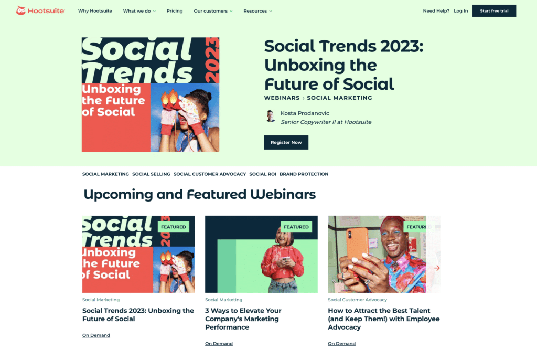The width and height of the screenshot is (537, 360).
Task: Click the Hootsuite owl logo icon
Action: pos(21,10)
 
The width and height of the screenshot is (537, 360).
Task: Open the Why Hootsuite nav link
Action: pos(95,11)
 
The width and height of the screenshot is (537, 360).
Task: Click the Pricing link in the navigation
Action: pos(175,11)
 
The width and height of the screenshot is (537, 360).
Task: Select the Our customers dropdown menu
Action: pos(213,11)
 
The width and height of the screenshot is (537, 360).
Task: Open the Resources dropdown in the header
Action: pos(257,11)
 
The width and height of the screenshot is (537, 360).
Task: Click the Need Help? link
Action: pos(436,11)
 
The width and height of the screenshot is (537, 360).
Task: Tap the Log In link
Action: pos(460,11)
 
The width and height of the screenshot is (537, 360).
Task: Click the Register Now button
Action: pos(286,142)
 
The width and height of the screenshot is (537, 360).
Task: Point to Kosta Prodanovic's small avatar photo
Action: pos(270,116)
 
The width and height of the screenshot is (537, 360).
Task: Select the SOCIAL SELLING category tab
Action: pos(151,174)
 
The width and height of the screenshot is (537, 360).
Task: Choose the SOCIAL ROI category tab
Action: pos(263,174)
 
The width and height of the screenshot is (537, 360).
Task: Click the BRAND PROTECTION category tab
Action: pos(304,174)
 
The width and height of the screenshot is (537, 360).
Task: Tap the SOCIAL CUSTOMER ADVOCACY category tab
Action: pos(210,174)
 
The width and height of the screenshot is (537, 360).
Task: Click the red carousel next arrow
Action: pos(437,268)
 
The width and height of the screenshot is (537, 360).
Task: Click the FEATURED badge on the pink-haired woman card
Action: pos(296,227)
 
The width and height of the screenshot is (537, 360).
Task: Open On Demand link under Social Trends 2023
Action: pos(96,335)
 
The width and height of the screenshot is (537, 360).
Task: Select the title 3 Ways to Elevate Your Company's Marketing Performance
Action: pos(243,319)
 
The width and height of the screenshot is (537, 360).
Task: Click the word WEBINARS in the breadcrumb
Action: pos(282,98)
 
